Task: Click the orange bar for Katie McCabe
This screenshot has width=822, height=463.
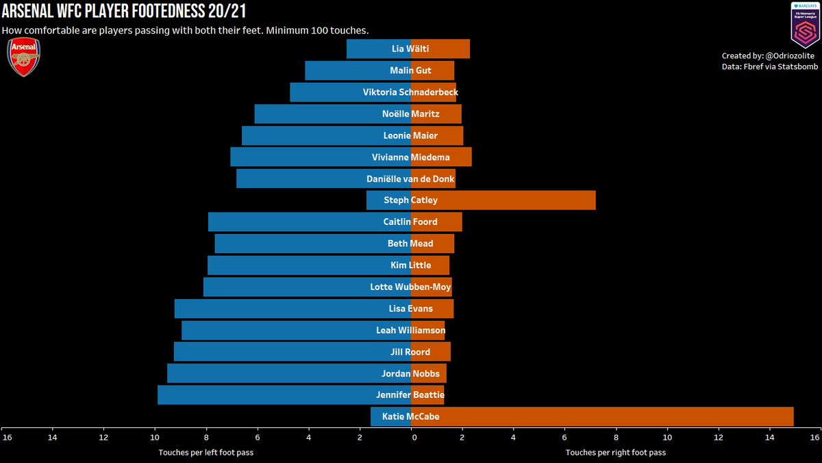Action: tap(616, 416)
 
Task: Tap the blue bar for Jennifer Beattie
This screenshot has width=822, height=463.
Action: tap(274, 394)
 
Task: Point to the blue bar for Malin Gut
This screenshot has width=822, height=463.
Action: tap(342, 71)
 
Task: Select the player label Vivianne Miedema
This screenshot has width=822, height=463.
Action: tap(410, 157)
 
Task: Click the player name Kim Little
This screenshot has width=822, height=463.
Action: tap(410, 265)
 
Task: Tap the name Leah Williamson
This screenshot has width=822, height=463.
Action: tap(410, 331)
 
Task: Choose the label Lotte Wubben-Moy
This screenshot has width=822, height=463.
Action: tap(410, 287)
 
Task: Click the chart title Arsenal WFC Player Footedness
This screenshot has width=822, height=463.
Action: tap(123, 12)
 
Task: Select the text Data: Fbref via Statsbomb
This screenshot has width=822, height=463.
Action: tap(769, 67)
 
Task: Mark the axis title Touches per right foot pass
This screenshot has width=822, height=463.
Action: tap(615, 453)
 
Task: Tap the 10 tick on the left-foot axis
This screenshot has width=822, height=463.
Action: tap(155, 437)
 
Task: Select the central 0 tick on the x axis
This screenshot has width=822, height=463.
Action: tap(411, 437)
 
